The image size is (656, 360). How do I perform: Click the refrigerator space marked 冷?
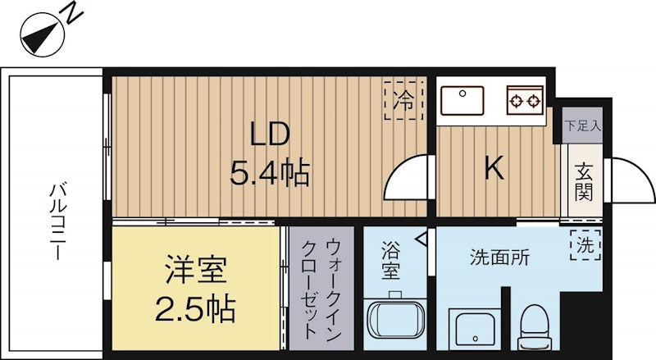(403, 101)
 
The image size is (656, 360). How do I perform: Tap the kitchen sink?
(463, 102)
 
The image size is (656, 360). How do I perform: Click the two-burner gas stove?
(525, 102)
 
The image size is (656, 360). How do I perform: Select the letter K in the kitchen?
(493, 168)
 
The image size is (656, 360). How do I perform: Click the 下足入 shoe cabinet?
(582, 125)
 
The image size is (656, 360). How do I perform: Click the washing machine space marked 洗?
(585, 244)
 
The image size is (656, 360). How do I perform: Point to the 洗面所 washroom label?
(499, 256)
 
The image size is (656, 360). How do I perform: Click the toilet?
(538, 324)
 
